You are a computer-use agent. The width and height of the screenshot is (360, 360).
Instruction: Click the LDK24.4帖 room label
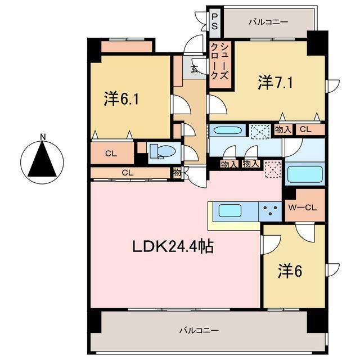pos(173,246)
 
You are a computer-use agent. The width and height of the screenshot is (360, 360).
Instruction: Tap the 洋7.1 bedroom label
pos(276,83)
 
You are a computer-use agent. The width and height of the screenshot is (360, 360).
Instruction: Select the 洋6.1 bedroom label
pos(121,99)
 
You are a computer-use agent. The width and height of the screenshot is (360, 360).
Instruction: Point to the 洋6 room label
pos(290,271)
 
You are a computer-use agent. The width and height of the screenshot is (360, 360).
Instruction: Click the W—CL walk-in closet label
pos(303,208)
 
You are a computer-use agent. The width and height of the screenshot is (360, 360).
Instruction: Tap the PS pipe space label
pos(214,21)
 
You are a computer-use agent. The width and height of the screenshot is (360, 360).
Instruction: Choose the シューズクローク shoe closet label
pos(220,61)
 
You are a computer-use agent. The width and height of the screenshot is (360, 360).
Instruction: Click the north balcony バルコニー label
pos(269,22)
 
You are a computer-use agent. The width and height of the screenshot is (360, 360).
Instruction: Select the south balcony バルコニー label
pos(199,331)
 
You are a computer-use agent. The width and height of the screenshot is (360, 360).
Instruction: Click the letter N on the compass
pos(43,137)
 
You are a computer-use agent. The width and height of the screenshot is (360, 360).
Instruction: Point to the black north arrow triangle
pos(42,159)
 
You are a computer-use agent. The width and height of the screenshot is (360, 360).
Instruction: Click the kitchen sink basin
pos(230,210)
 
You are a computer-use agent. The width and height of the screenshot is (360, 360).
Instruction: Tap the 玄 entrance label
pos(194,69)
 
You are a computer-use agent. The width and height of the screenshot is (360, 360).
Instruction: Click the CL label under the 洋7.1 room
pos(305,129)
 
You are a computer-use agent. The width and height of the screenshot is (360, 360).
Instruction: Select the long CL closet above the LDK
pos(130,173)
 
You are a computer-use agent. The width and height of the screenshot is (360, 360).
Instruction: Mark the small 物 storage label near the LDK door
pos(177,173)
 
